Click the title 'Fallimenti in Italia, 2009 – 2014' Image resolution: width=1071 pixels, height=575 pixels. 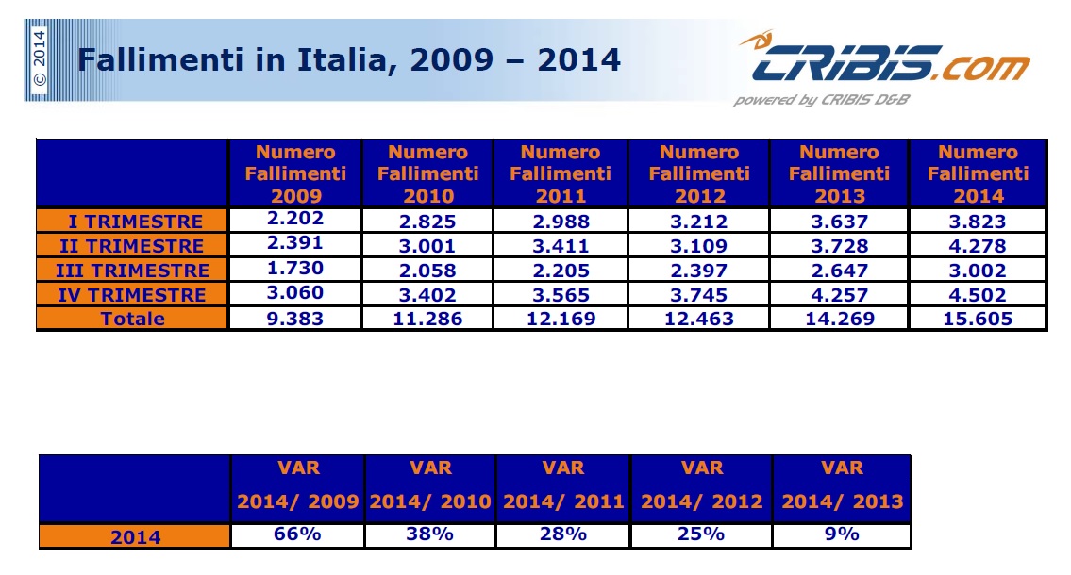click(x=348, y=60)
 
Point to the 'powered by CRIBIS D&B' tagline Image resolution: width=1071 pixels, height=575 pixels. click(x=821, y=100)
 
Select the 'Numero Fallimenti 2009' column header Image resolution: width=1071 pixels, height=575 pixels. click(x=296, y=174)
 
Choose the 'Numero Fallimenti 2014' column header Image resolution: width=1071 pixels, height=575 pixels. click(x=978, y=174)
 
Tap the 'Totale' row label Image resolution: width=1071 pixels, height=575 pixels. click(x=133, y=319)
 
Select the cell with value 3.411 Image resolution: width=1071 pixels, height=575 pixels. click(x=561, y=246)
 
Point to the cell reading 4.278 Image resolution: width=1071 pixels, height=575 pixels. click(x=978, y=246)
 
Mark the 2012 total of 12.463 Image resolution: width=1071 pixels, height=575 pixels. click(x=699, y=319)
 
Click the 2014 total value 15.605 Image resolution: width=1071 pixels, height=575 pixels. click(x=978, y=319)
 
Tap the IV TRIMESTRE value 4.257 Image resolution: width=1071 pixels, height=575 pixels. click(x=839, y=294)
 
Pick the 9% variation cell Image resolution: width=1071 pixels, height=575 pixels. click(x=841, y=535)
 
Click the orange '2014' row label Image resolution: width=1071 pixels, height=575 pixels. click(x=136, y=537)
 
